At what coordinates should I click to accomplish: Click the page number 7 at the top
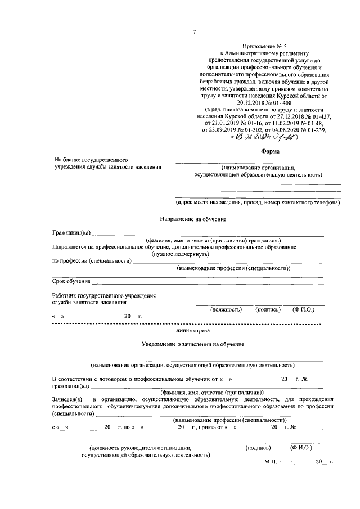coord(193,32)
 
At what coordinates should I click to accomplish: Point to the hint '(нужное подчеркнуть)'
coord(180,254)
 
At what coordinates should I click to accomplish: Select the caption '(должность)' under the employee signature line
coord(226,309)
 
